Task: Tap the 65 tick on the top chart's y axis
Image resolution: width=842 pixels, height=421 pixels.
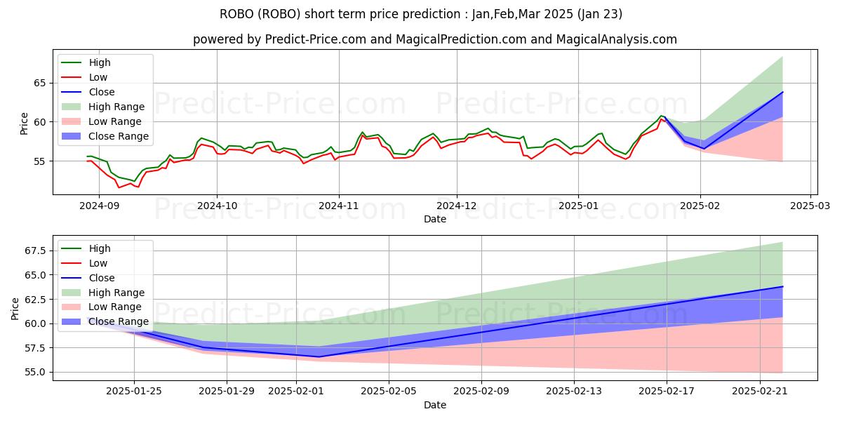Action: [x=41, y=83]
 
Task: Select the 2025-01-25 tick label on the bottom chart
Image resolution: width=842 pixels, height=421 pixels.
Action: [x=134, y=391]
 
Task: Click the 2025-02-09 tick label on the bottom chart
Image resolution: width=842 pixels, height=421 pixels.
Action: [x=482, y=391]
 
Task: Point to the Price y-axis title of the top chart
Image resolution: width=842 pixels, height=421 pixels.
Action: [x=25, y=123]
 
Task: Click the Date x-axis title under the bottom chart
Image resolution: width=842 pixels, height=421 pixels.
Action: [x=435, y=405]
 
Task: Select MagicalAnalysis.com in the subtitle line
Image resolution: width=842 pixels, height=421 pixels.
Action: [x=617, y=39]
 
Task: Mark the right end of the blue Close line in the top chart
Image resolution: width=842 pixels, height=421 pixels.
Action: [x=782, y=92]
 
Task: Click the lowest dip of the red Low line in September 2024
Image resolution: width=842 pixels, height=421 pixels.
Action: [x=119, y=187]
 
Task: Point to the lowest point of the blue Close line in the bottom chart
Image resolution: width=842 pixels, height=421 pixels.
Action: [x=319, y=356]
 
